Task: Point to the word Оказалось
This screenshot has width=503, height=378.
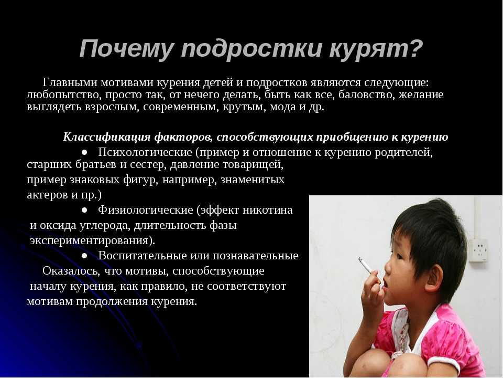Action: tap(70, 271)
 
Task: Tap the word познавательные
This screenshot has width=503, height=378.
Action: tap(255, 256)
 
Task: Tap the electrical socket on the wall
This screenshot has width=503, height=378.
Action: tap(478, 250)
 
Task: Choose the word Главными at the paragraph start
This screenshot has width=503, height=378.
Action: tap(70, 82)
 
